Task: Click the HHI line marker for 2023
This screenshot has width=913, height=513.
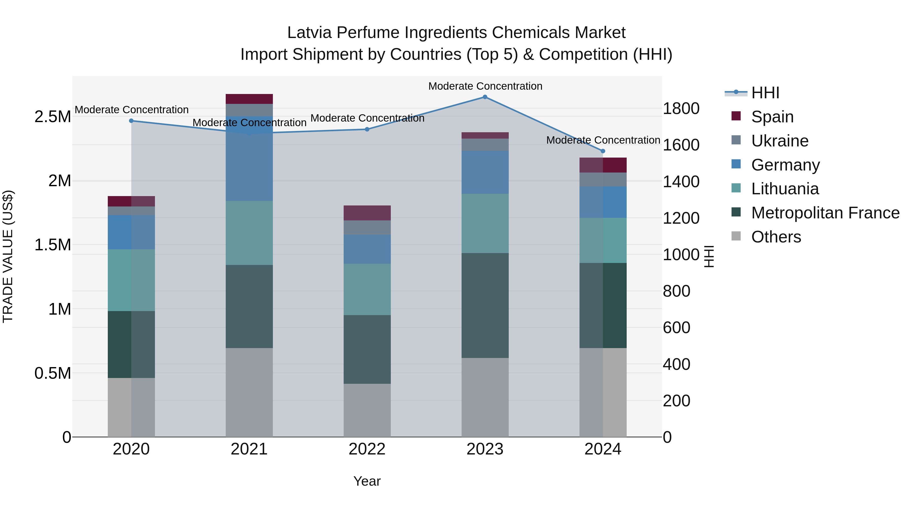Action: click(x=485, y=97)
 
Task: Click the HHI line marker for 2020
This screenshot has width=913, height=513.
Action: click(x=131, y=121)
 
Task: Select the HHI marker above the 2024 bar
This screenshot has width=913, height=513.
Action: click(x=603, y=151)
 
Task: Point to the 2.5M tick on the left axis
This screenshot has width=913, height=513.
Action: click(x=53, y=117)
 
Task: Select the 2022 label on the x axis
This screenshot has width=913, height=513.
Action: click(x=367, y=449)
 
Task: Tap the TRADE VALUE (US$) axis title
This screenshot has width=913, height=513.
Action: click(x=8, y=256)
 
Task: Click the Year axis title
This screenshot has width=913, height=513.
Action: click(x=367, y=481)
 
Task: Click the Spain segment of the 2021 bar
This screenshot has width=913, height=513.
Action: click(x=249, y=99)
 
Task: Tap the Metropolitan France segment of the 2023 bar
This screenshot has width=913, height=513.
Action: click(x=485, y=305)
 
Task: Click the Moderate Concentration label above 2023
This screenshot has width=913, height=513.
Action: click(x=485, y=86)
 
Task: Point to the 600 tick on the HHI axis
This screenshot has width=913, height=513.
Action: click(x=676, y=328)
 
